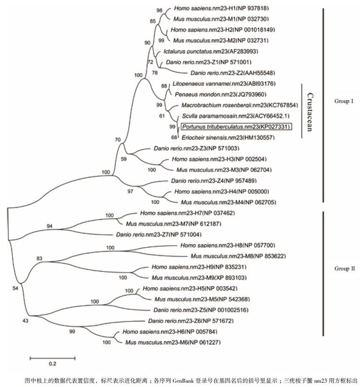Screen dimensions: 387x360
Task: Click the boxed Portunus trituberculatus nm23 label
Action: [237, 127]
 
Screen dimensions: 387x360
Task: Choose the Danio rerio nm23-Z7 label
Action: [158, 235]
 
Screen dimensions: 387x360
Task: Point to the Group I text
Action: [343, 101]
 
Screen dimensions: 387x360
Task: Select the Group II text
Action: [344, 269]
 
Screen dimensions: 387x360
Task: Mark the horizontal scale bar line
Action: [53, 357]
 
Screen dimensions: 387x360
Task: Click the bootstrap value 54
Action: [15, 288]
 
